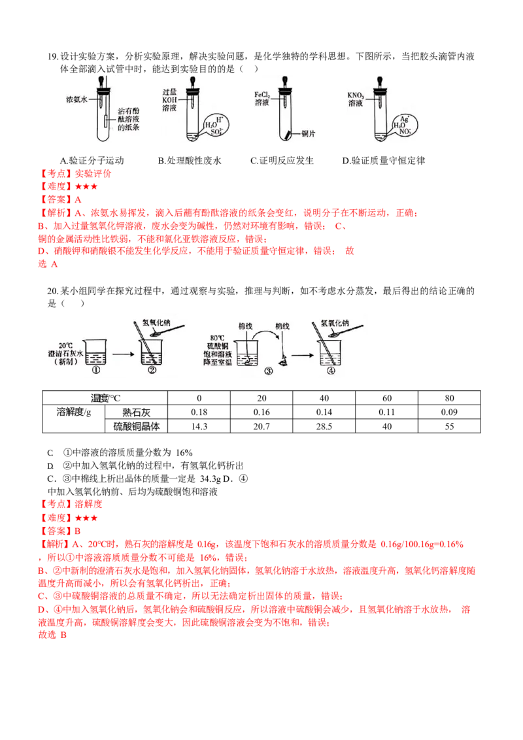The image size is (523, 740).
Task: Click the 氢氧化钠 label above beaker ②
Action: pyautogui.click(x=158, y=322)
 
